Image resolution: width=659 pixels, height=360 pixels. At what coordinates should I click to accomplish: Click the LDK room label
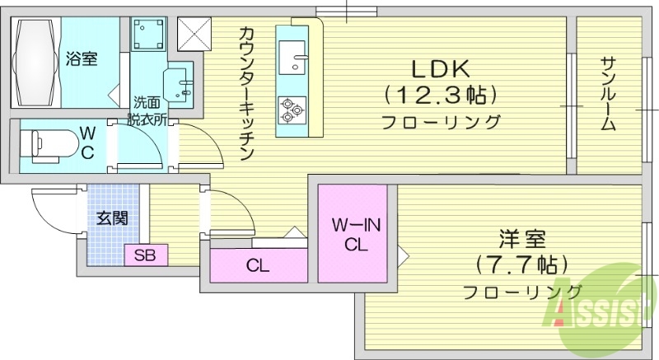442,68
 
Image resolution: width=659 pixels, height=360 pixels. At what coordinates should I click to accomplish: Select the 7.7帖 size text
521,265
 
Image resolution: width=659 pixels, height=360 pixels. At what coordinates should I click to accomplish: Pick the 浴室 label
82,59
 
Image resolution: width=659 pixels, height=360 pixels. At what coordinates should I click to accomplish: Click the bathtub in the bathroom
37,62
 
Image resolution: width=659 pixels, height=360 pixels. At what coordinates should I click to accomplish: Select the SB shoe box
146,255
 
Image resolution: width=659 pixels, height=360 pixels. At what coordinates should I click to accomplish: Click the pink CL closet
257,265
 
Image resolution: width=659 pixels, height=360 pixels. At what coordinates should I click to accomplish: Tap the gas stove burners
291,109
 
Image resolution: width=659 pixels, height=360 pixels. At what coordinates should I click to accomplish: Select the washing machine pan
148,35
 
